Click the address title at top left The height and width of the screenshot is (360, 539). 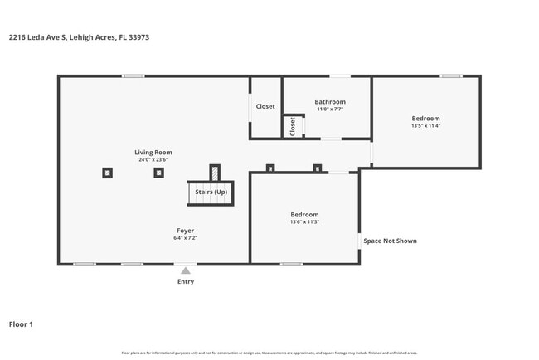click(x=78, y=37)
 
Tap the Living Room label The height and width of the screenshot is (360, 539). click(x=153, y=152)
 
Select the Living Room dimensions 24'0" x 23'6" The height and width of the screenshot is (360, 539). click(x=153, y=160)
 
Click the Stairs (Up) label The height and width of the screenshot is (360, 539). click(x=211, y=192)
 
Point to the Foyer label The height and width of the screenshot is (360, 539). click(x=186, y=230)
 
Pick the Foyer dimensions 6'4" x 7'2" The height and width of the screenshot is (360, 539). click(x=186, y=238)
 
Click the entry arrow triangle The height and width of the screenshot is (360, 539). click(x=186, y=270)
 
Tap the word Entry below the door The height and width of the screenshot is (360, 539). click(x=186, y=282)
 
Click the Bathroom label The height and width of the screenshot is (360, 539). click(x=329, y=102)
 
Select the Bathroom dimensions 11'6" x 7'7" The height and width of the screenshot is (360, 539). click(x=329, y=109)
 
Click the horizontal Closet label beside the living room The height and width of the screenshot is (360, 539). click(x=265, y=106)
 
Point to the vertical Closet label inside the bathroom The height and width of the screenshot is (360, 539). click(x=292, y=126)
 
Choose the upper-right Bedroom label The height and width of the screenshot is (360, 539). click(x=425, y=119)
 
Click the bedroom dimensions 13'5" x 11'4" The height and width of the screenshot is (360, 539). click(x=425, y=126)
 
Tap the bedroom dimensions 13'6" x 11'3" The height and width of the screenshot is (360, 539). click(x=304, y=222)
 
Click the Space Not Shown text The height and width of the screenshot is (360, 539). click(x=390, y=241)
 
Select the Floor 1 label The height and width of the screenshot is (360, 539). click(x=21, y=324)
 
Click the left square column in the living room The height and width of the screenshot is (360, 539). click(x=108, y=173)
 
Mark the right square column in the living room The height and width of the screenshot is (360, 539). click(x=158, y=173)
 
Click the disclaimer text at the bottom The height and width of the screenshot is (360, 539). click(x=269, y=353)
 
